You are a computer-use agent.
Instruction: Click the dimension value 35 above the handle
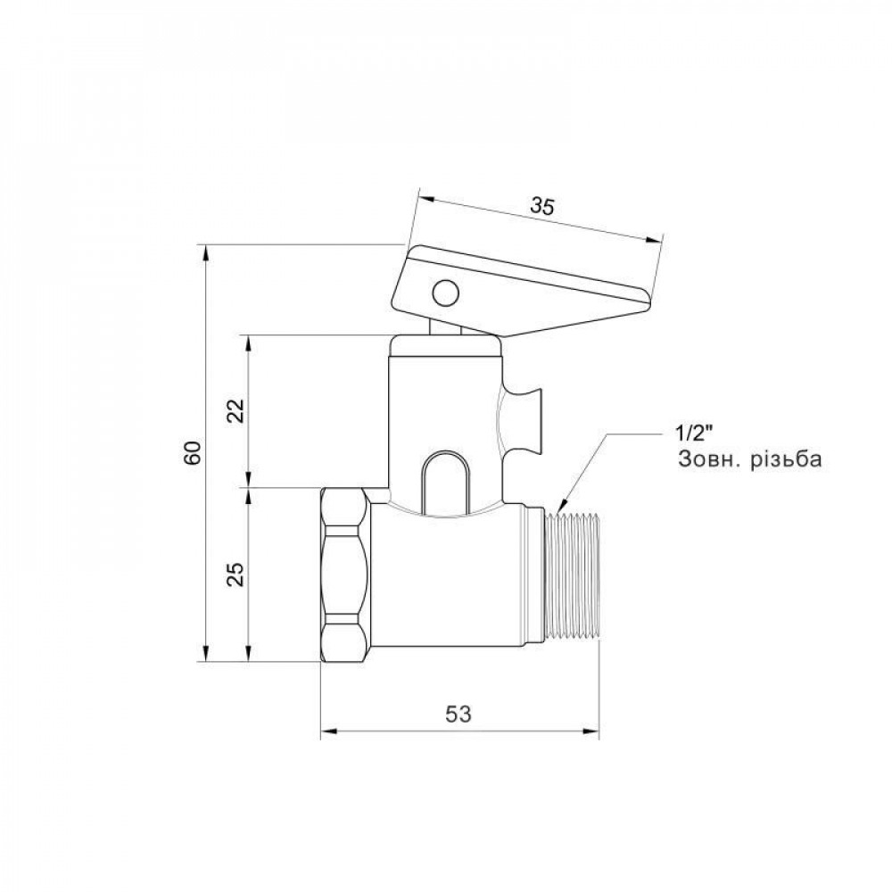[x=541, y=205]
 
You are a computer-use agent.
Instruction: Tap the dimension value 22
[x=235, y=411]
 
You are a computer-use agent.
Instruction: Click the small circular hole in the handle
[x=443, y=292]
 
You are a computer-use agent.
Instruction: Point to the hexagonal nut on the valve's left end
[x=343, y=574]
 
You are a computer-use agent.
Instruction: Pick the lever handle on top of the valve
[x=526, y=285]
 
